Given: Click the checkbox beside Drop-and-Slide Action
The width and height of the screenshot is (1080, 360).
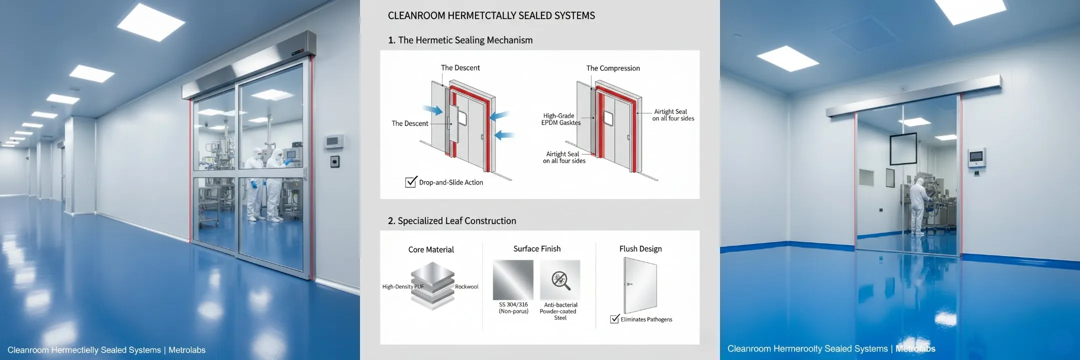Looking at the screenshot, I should pos(411,182).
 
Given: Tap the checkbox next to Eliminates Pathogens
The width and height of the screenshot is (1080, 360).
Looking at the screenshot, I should pos(615,319).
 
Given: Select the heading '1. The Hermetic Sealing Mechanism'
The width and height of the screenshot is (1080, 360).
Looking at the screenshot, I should pos(460,40).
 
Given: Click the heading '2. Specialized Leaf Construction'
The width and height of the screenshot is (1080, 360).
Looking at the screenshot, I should pos(452,221).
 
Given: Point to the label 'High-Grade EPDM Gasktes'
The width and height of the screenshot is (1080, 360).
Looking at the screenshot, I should pos(560,119).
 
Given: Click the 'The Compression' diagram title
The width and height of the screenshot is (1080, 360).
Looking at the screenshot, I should pos(613,68).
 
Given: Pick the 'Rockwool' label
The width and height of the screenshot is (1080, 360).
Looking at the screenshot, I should pos(466,287).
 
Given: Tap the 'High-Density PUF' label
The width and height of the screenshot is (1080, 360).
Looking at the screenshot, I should pos(403,287).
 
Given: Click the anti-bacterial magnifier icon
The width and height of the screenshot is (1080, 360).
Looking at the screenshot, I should pos(560,280).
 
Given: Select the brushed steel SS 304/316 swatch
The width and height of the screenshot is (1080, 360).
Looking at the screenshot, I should pos(513,280).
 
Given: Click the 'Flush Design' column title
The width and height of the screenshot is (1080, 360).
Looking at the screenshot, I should pos(640,249).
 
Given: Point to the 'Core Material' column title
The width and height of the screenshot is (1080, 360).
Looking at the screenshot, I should pos(431,249).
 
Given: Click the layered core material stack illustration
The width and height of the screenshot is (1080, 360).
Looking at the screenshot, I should pos(432,286).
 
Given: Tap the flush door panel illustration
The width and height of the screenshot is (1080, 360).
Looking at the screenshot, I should pos(640,285).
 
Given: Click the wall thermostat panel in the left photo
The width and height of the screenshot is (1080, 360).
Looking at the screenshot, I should pos(334,142).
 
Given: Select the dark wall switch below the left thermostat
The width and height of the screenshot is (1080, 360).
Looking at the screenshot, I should pos(334,161).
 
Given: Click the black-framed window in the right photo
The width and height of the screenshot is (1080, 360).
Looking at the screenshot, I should pos(903,149).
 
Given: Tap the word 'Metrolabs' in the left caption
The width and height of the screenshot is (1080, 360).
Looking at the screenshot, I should pos(187,350).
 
